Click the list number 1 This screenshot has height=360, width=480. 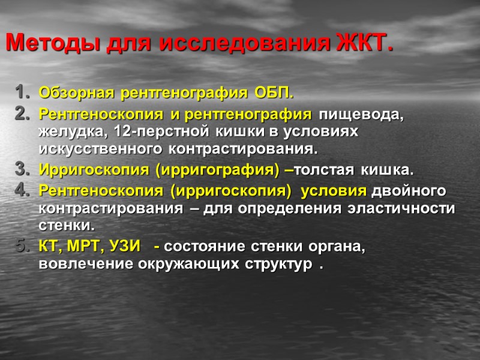[x=20, y=94]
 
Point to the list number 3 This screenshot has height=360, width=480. [x=20, y=170]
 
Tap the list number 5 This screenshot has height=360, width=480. [x=20, y=246]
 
